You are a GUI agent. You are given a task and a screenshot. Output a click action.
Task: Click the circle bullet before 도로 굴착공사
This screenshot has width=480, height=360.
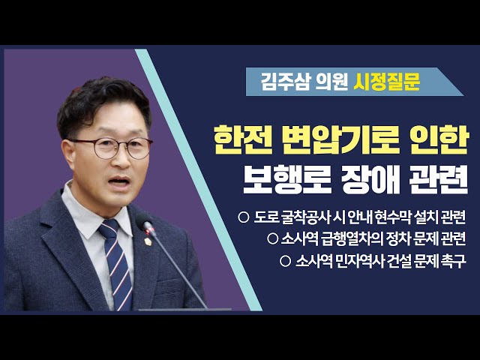[x=242, y=217]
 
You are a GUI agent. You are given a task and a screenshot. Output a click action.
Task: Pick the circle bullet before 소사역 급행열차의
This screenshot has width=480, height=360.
[x=272, y=239]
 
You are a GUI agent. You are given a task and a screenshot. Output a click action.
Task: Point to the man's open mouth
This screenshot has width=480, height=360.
[x=119, y=182]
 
